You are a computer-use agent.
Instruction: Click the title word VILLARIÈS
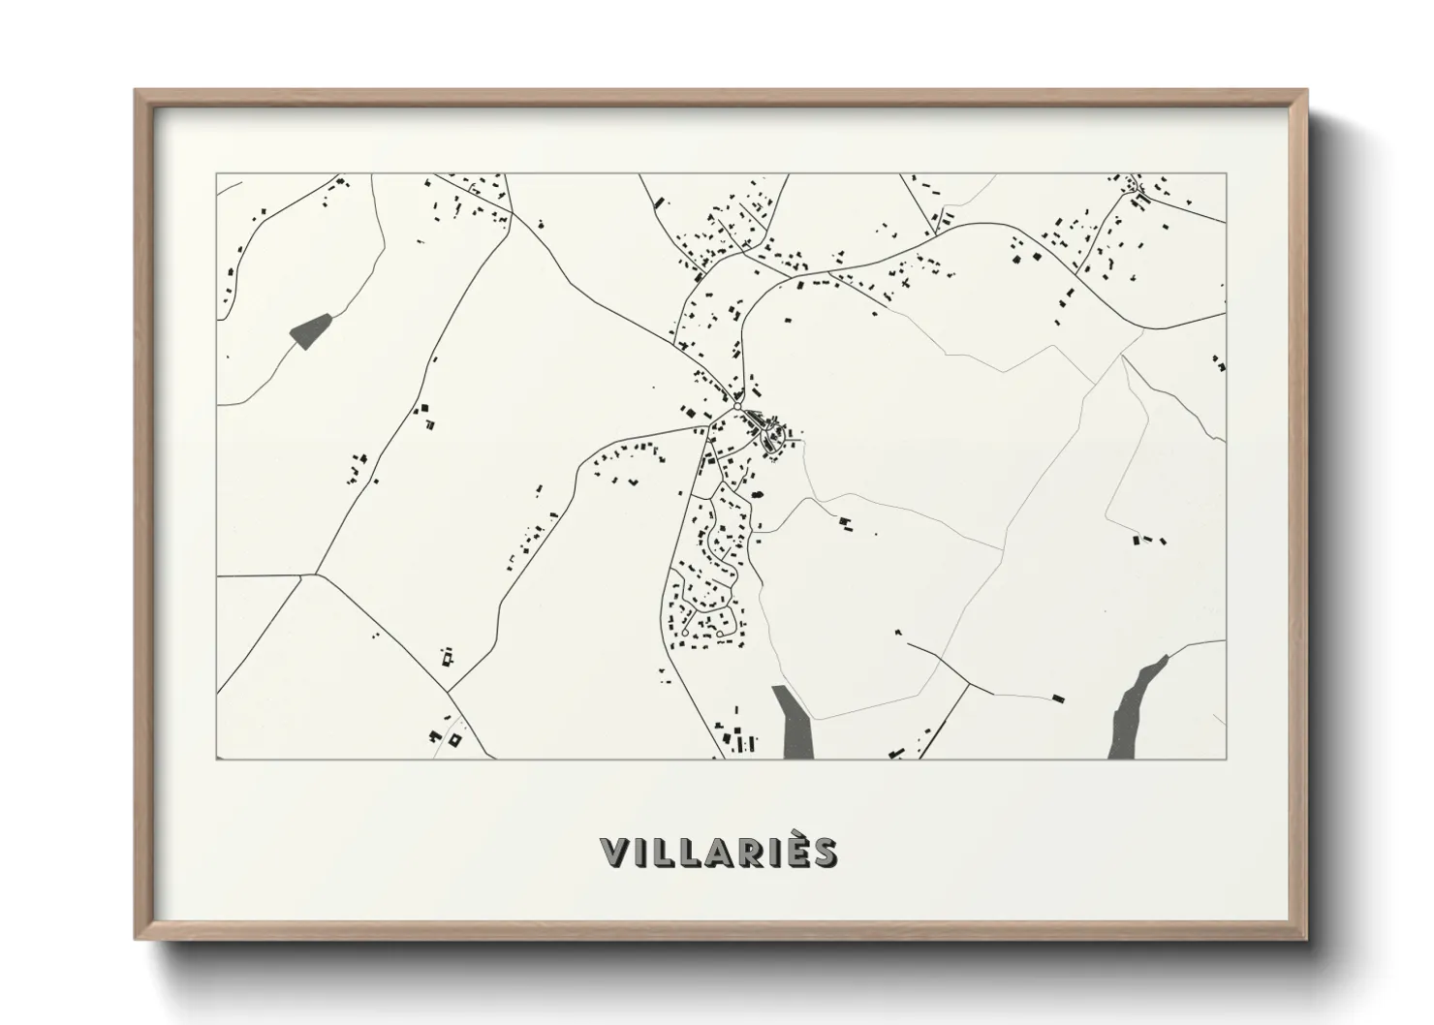click(718, 853)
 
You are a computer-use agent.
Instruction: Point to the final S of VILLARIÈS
click(825, 853)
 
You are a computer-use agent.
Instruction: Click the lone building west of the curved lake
click(1058, 697)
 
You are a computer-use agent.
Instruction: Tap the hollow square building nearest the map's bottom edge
click(455, 740)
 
